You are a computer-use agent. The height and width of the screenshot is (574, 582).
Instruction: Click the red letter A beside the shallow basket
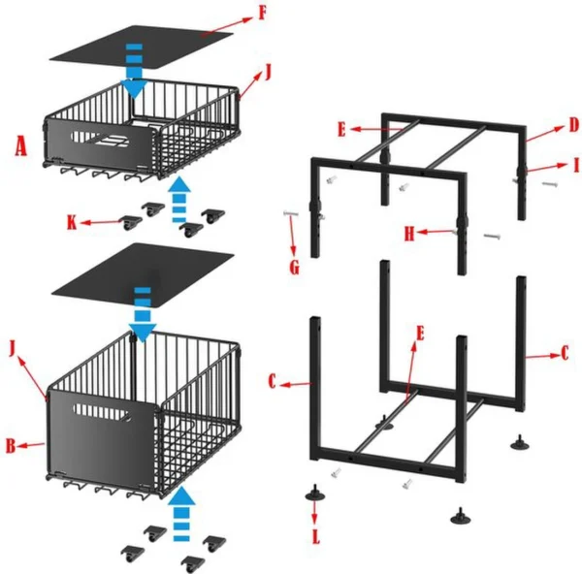click(21, 148)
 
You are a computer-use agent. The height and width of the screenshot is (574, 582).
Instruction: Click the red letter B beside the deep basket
click(9, 446)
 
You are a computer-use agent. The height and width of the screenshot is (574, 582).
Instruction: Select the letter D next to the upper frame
click(573, 124)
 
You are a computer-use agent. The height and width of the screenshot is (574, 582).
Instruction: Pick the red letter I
click(573, 164)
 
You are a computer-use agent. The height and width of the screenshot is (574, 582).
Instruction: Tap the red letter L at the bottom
click(316, 535)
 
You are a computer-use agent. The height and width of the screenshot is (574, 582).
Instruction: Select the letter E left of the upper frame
click(341, 127)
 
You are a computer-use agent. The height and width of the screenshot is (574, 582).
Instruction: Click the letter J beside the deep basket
click(13, 346)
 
